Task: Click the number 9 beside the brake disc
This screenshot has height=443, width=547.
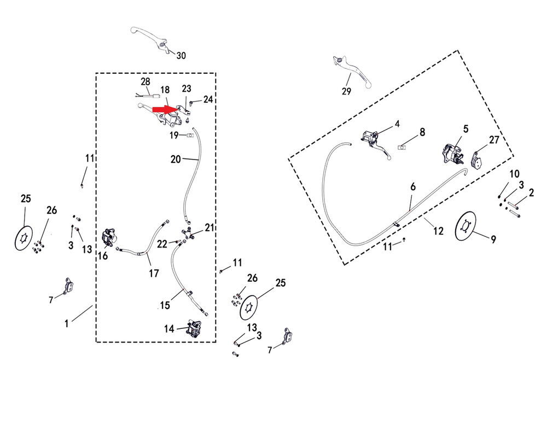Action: tap(493, 239)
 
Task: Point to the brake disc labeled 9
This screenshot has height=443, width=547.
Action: tap(466, 225)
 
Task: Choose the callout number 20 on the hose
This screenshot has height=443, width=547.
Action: tap(175, 159)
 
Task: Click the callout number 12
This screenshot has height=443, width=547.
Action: tap(438, 231)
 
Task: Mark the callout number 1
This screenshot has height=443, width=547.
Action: tap(66, 323)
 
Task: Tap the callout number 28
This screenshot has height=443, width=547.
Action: tap(145, 81)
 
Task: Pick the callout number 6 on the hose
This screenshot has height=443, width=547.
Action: tap(414, 186)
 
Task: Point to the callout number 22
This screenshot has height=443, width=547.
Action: tap(161, 244)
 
